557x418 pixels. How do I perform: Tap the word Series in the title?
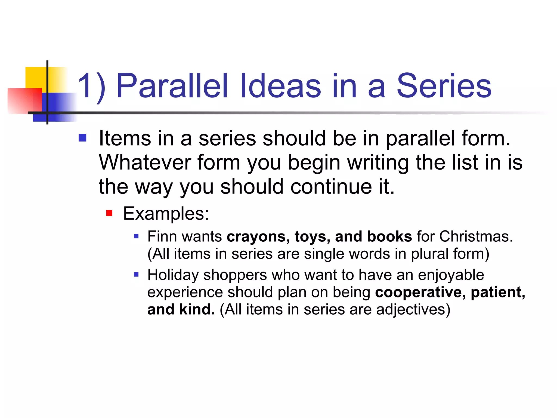444,86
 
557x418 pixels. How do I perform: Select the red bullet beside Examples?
109,213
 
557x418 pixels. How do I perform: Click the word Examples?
166,213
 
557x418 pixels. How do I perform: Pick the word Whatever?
144,162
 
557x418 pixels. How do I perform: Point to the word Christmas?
476,236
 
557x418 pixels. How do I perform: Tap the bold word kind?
197,309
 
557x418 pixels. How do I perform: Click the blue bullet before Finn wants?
136,236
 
